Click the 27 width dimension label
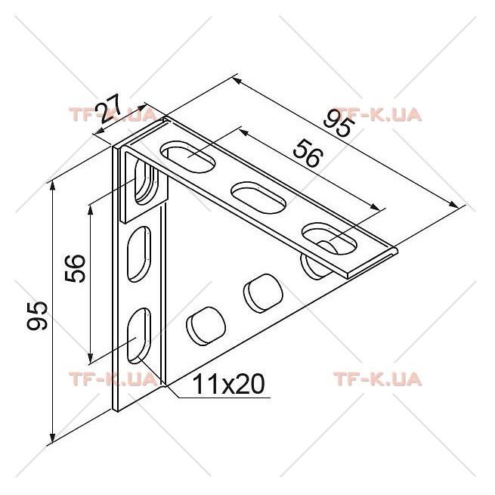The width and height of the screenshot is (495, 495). [109, 109]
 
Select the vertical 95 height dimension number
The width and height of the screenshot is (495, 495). [37, 316]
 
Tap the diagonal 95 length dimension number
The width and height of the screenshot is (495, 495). [338, 123]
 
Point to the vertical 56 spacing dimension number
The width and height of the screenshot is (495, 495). [75, 268]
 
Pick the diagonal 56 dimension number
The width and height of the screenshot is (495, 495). [308, 153]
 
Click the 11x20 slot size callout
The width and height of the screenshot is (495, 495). [228, 384]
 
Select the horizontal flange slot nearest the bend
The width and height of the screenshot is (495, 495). [188, 157]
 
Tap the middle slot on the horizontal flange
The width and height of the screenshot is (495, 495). [259, 197]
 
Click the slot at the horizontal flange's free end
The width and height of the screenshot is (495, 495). [329, 239]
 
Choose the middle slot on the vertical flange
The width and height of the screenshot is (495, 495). [139, 254]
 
